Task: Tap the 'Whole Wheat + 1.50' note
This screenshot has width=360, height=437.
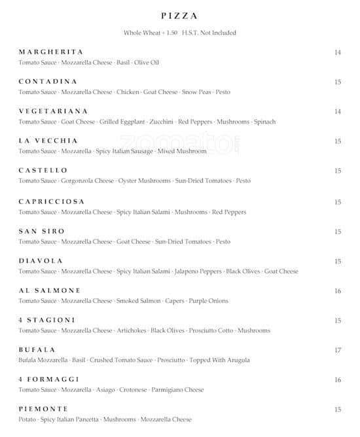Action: coord(150,33)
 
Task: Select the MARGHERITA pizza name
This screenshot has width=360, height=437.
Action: coord(50,52)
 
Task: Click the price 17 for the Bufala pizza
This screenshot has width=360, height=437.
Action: coord(338,350)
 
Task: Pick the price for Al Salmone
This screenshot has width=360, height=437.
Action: coord(338,291)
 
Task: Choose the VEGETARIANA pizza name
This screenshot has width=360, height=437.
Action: coord(53,111)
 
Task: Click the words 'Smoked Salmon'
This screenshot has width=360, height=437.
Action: coord(136,301)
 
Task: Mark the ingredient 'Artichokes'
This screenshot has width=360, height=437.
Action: coord(132,330)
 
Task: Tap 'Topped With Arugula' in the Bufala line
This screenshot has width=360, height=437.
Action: coord(220,360)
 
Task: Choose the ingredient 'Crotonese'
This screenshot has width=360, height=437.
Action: coord(134,390)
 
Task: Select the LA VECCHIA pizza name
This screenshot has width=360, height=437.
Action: coord(48,141)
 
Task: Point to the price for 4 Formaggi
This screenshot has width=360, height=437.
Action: coord(338,379)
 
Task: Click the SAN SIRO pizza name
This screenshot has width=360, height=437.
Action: coord(41,231)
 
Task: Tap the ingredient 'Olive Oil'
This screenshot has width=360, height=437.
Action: coord(147,63)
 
